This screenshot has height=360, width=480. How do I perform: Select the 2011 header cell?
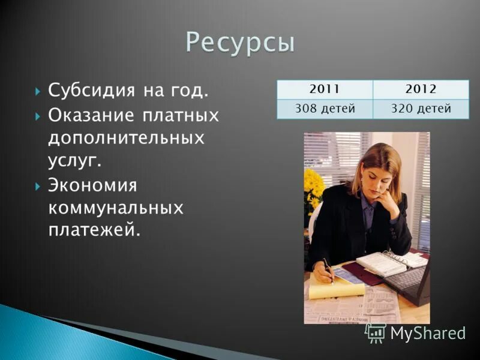point(325,89)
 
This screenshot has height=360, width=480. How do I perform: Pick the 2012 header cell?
point(421,89)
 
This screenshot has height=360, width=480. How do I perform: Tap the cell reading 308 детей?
point(325,109)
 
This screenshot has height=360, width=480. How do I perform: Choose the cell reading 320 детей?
point(421,109)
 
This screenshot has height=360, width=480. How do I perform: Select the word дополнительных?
point(126,138)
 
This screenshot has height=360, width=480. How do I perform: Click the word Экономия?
point(92,185)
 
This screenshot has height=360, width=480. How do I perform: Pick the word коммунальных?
point(115,208)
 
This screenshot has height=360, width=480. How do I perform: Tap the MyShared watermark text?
point(427,334)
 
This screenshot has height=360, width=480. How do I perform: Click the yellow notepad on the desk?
point(337,290)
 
